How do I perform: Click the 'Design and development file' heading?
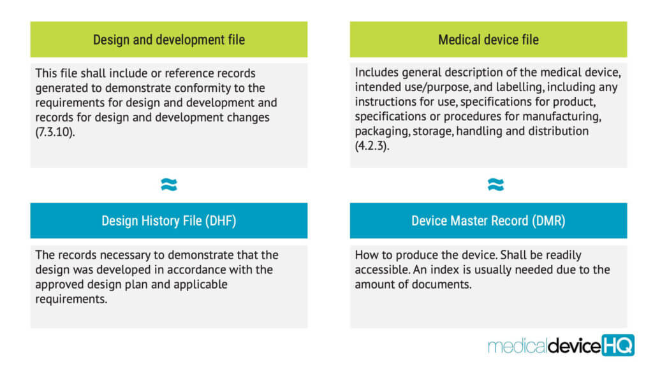point(168,40)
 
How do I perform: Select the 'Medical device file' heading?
point(488,40)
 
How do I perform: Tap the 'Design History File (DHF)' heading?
point(168,220)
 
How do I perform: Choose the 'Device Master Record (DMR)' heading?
point(488,220)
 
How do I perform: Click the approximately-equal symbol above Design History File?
point(169,184)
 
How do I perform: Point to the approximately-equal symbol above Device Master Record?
point(495,184)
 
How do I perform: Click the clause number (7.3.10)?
point(55,133)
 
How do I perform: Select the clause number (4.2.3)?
point(372,146)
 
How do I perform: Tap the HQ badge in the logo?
point(618,345)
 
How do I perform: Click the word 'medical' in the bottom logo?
point(517,346)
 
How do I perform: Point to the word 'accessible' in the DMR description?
point(382,270)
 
